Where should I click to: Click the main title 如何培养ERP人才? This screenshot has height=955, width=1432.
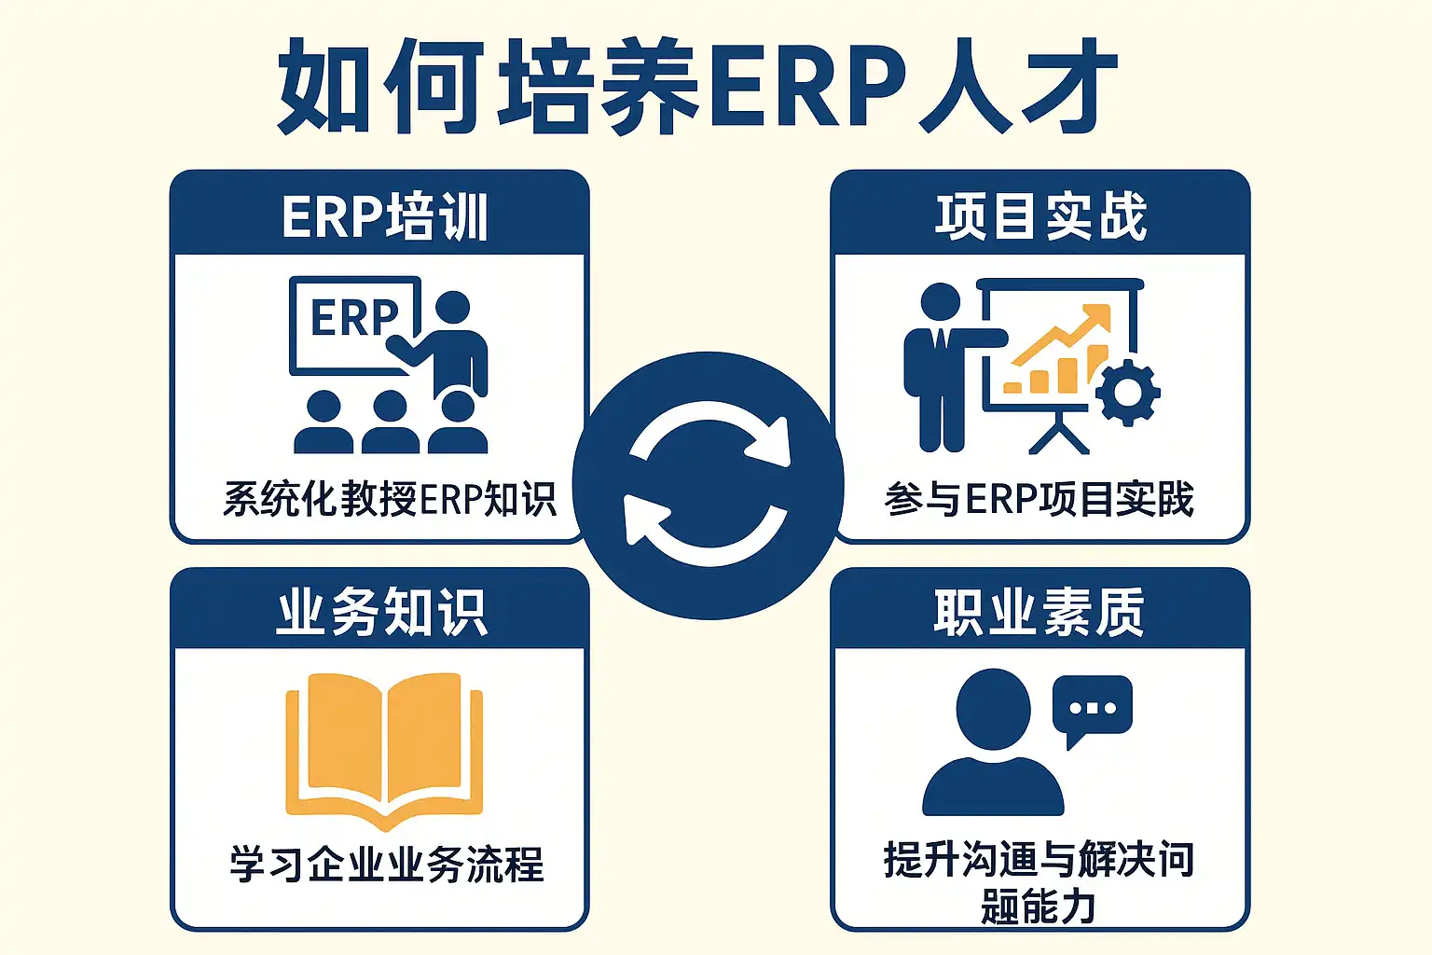point(697,86)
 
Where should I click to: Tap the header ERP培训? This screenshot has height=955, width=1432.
point(384,216)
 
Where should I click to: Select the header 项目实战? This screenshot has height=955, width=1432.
point(1040,216)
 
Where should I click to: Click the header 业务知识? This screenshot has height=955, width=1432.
point(382,613)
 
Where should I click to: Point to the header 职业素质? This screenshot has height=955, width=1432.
point(1039,613)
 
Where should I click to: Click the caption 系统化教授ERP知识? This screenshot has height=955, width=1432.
point(390,499)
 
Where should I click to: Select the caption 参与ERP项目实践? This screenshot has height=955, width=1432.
point(1039,499)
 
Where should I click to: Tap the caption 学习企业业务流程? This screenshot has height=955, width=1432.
point(386,864)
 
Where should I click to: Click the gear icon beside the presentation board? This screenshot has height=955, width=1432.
point(1128,392)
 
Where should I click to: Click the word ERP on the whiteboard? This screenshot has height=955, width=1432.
point(354,318)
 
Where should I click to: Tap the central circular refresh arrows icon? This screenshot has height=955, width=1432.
point(709,484)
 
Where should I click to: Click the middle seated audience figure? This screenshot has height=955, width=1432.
point(390,424)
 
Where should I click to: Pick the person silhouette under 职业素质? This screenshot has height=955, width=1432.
point(993,746)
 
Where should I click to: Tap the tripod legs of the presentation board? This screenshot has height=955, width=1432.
point(1059,435)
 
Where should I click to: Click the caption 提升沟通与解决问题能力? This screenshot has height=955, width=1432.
point(1039,881)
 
